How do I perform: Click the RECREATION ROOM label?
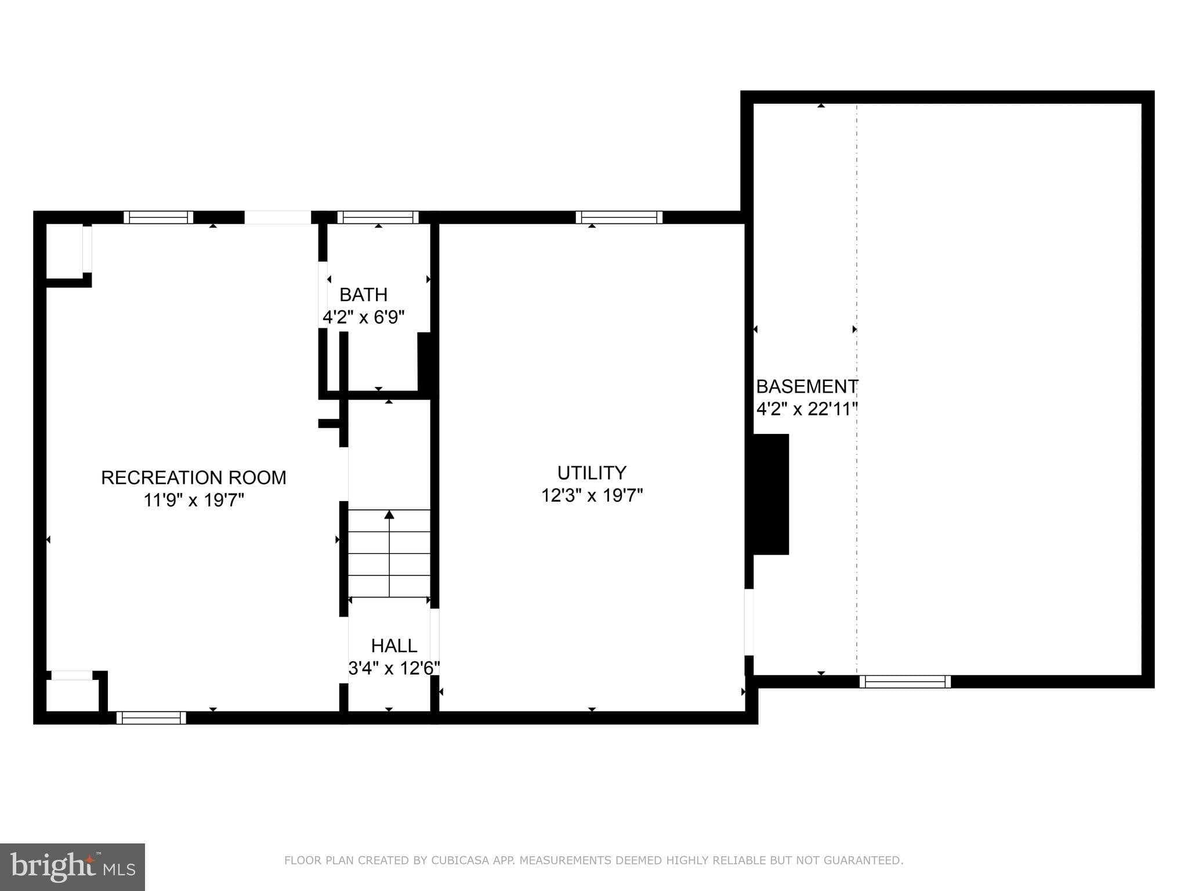click(x=194, y=477)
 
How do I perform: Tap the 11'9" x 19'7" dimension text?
click(x=194, y=500)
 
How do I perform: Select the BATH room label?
click(x=363, y=295)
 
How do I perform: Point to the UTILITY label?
click(x=592, y=473)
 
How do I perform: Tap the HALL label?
click(x=394, y=646)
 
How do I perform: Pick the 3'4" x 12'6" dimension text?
click(x=394, y=668)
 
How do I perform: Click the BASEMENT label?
click(x=806, y=386)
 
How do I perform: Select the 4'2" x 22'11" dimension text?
click(x=806, y=410)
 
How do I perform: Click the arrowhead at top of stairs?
click(x=389, y=515)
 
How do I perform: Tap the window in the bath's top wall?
click(x=378, y=218)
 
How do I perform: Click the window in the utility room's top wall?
click(x=619, y=218)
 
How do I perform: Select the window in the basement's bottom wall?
click(x=905, y=682)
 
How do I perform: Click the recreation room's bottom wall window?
click(x=151, y=718)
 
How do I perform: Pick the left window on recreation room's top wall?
click(x=158, y=218)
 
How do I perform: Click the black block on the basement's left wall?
click(x=771, y=494)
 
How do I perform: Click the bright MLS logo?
click(x=73, y=867)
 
